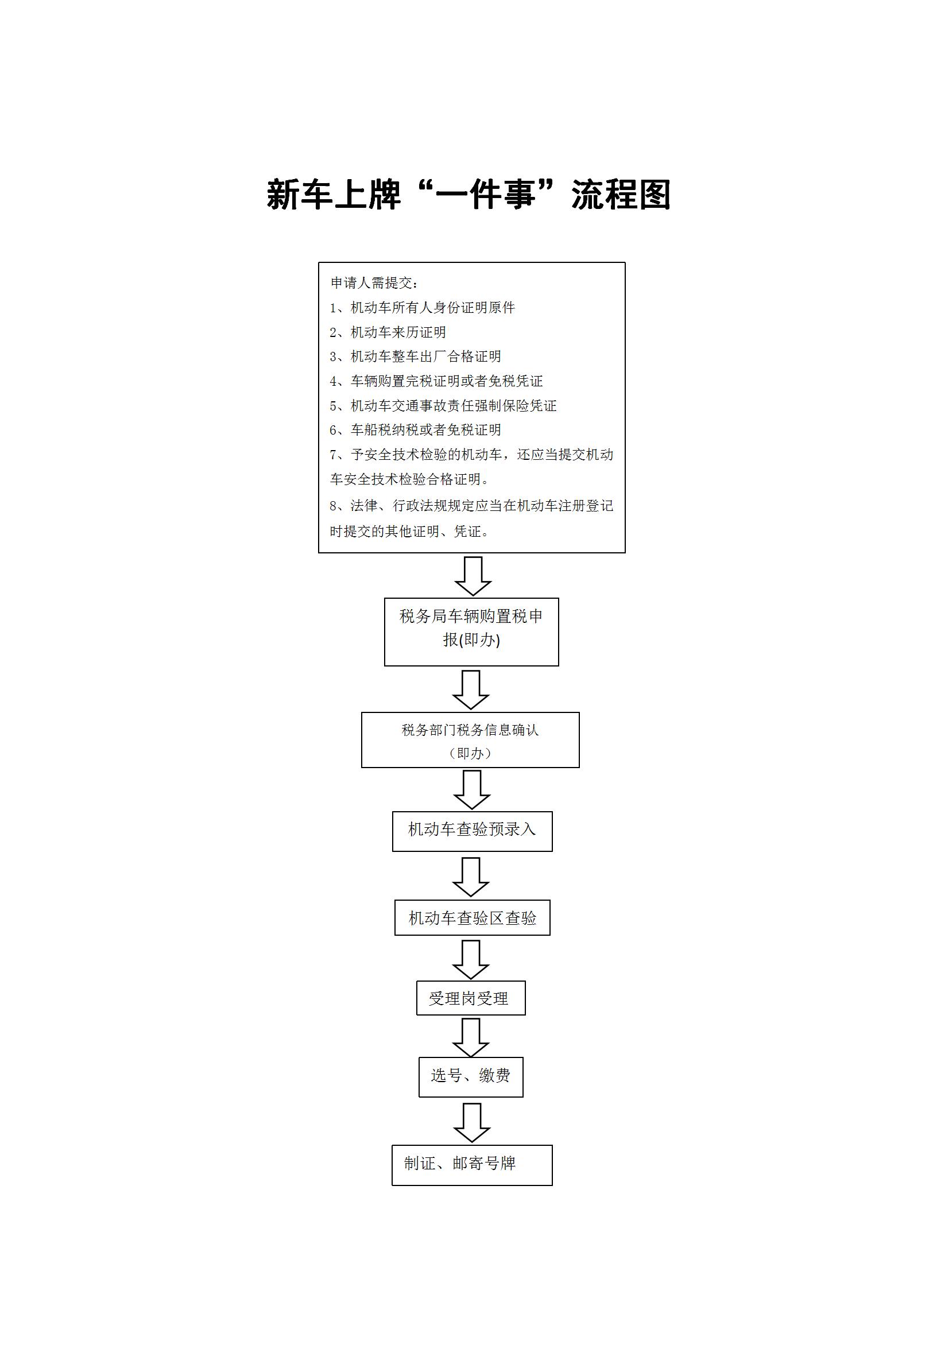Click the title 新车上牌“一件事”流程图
click(x=468, y=195)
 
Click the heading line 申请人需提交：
click(x=374, y=283)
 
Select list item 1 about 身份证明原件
click(x=422, y=308)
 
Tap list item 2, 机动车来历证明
click(x=388, y=332)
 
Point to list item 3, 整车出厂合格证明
click(x=415, y=356)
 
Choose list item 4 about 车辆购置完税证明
click(x=436, y=381)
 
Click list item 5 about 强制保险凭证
click(x=443, y=405)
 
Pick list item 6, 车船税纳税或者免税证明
click(x=415, y=430)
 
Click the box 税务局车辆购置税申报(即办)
click(x=471, y=632)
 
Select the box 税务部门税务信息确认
click(x=470, y=740)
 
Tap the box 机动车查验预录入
click(x=472, y=831)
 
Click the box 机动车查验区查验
click(x=472, y=917)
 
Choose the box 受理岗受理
click(x=471, y=998)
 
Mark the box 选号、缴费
click(x=471, y=1077)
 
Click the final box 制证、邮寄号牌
click(x=472, y=1165)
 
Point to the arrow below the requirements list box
click(x=473, y=576)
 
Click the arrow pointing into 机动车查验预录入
click(x=471, y=789)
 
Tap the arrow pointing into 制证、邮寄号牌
click(x=471, y=1123)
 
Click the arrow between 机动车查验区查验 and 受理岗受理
click(x=471, y=959)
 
